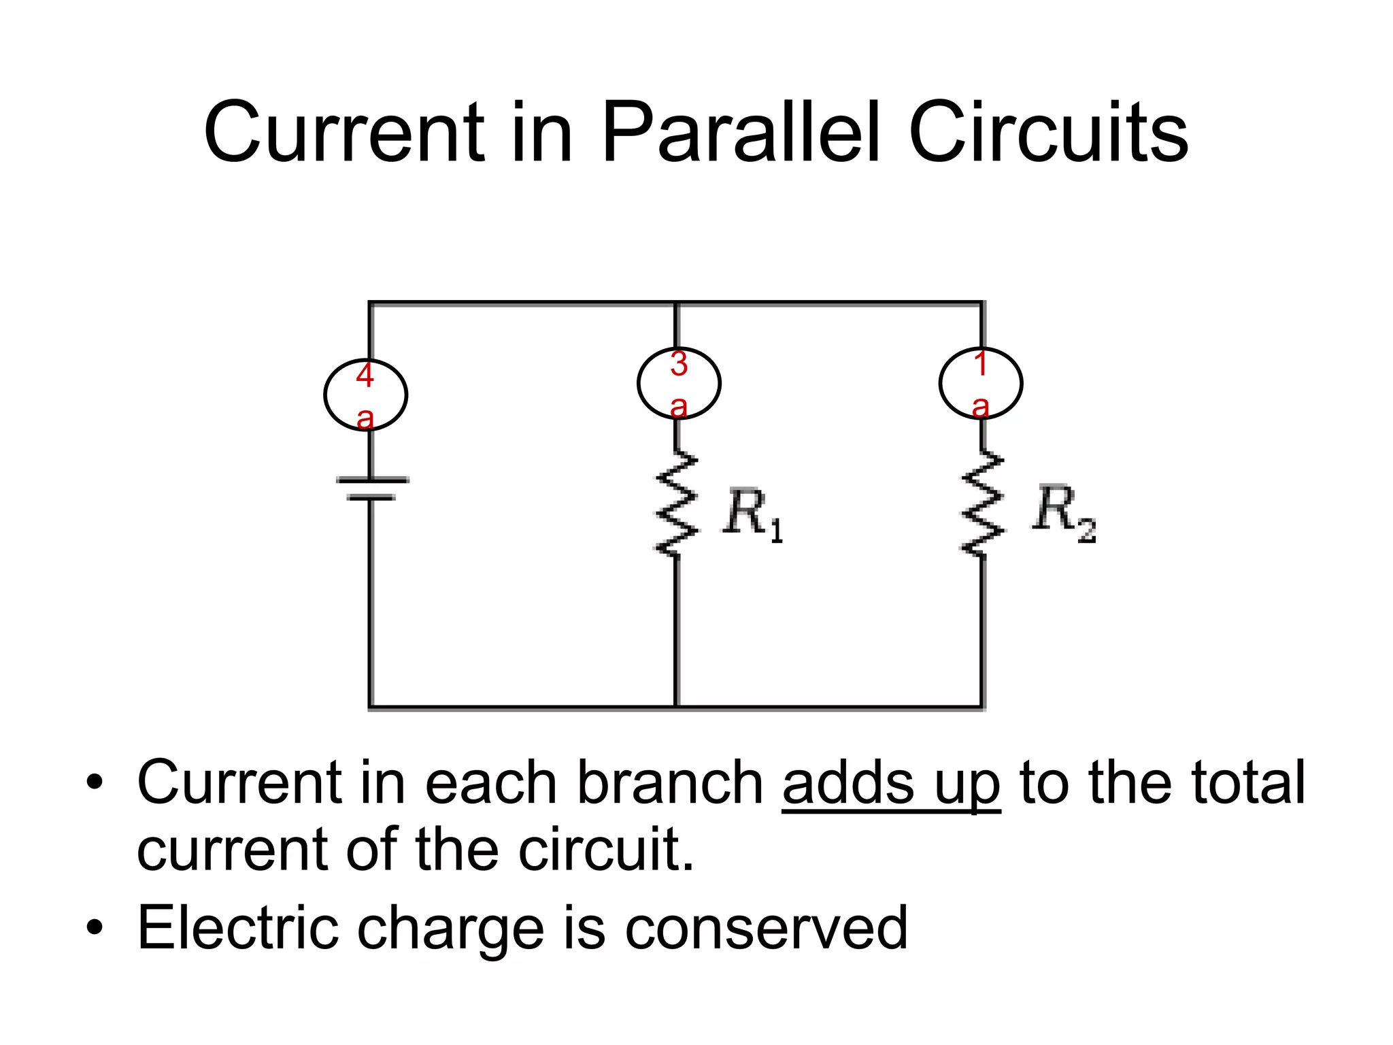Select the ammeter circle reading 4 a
pos(365,395)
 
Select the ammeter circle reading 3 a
pos(679,384)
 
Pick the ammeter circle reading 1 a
pos(980,384)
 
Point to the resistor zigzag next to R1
pos(676,503)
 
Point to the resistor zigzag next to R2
pos(981,503)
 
